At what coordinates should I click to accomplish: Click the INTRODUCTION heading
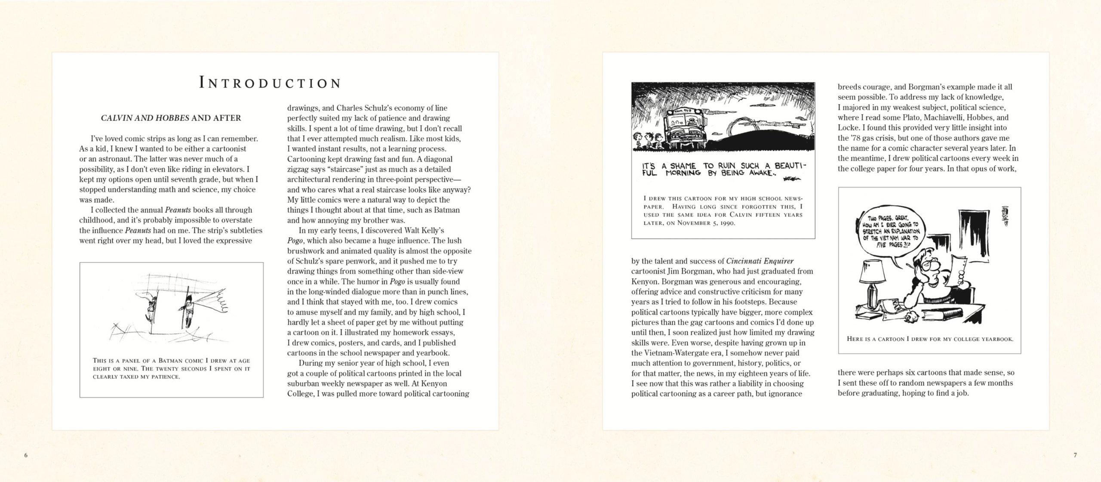271,83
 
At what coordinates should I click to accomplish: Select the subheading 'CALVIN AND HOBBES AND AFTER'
171,118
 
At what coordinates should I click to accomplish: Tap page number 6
26,455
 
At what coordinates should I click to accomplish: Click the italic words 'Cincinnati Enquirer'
760,261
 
